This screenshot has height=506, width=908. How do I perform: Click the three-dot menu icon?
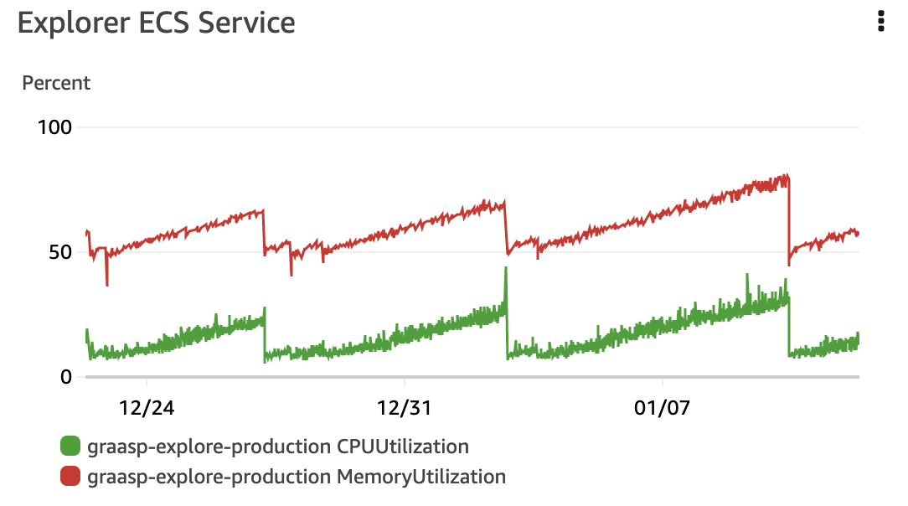(880, 22)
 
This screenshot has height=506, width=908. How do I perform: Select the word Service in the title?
(247, 23)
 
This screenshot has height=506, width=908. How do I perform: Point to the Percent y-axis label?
(56, 83)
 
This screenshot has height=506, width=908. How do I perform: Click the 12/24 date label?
(147, 409)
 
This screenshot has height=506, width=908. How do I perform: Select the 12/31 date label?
(405, 409)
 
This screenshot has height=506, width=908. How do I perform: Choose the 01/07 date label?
(662, 409)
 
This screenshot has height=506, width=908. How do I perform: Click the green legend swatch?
(71, 446)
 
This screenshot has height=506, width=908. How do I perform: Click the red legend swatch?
(71, 477)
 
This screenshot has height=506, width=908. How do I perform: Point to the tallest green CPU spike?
(506, 268)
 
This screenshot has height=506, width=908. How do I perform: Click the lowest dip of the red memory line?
(106, 285)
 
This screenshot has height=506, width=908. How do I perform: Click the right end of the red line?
(859, 234)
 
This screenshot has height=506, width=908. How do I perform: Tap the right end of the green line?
(859, 338)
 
